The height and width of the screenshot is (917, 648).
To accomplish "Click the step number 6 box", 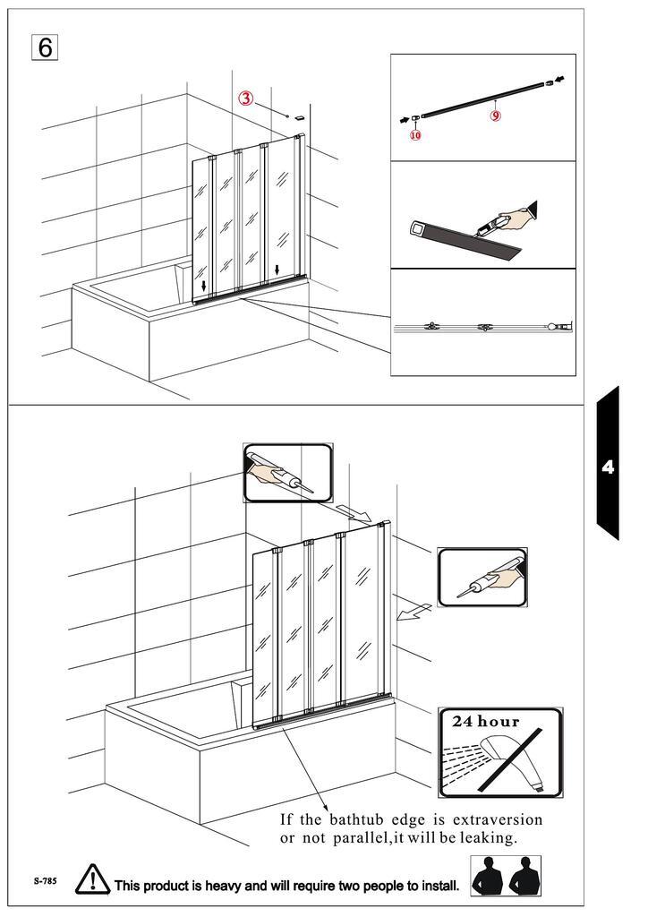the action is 45,47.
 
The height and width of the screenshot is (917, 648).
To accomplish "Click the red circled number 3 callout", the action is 245,99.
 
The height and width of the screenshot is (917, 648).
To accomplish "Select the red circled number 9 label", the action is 495,116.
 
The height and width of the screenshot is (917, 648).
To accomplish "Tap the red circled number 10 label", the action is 415,135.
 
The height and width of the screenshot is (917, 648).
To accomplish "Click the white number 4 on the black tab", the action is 608,467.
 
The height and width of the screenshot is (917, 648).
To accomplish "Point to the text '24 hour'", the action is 485,721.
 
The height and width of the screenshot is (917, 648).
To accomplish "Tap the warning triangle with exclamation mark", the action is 92,880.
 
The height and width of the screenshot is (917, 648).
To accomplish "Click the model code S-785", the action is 45,881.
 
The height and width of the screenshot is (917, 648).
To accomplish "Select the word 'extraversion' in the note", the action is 498,819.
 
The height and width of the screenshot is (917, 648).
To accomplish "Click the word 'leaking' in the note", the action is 488,838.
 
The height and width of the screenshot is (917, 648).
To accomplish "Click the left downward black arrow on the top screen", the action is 203,286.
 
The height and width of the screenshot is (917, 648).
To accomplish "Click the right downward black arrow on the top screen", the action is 277,270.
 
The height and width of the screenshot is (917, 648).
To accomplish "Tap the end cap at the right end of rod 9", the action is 549,83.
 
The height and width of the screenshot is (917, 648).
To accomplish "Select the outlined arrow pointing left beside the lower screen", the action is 414,613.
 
